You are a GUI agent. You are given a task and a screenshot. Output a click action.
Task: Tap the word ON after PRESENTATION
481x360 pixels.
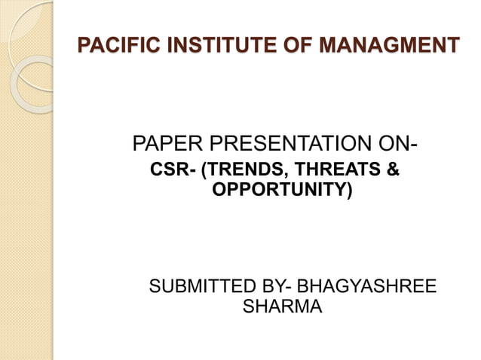coord(400,142)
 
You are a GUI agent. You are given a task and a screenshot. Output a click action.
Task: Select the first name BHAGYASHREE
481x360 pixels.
coord(367,287)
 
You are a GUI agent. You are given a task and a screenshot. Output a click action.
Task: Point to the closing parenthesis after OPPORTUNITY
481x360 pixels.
coord(349,190)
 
